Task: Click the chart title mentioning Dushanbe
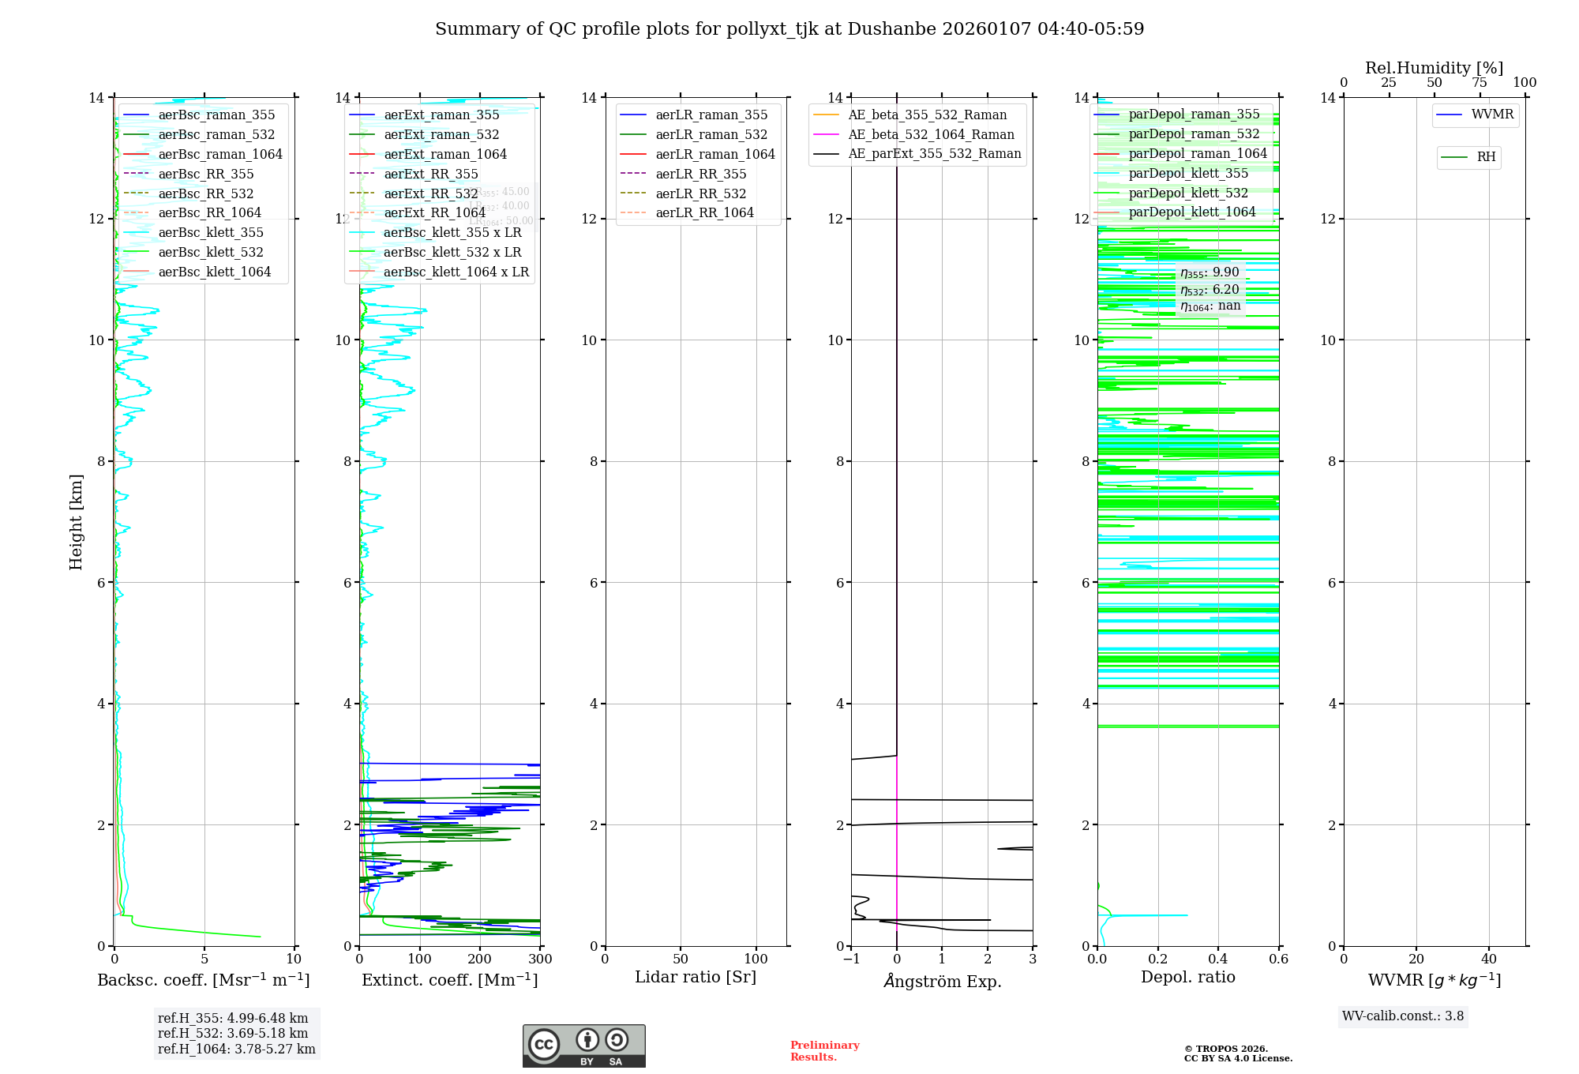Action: (x=789, y=29)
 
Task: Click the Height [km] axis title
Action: (x=76, y=521)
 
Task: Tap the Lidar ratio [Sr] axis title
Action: (x=696, y=978)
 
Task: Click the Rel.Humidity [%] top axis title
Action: (x=1434, y=68)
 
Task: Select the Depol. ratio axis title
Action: (x=1187, y=978)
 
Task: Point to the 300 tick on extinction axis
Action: (x=540, y=959)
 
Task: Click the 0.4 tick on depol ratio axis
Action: (x=1218, y=959)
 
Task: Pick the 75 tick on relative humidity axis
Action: (x=1480, y=83)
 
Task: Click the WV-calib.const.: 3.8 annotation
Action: (x=1403, y=1016)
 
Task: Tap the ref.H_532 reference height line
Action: (x=233, y=1034)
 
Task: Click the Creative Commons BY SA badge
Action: (x=583, y=1046)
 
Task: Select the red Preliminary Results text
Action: (x=824, y=1051)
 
